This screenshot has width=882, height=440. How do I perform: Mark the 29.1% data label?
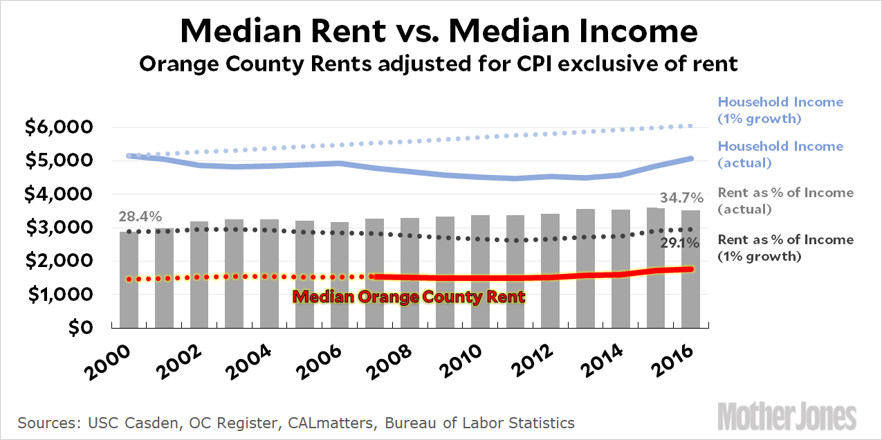tap(678, 243)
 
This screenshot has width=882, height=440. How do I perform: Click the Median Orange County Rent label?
tap(409, 297)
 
